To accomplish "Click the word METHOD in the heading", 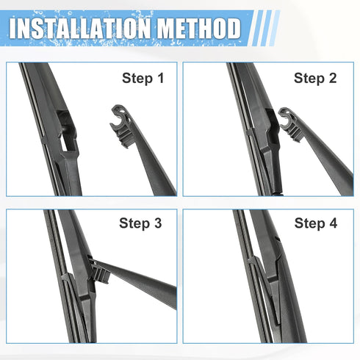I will [194, 28].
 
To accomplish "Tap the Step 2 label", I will [314, 77].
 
